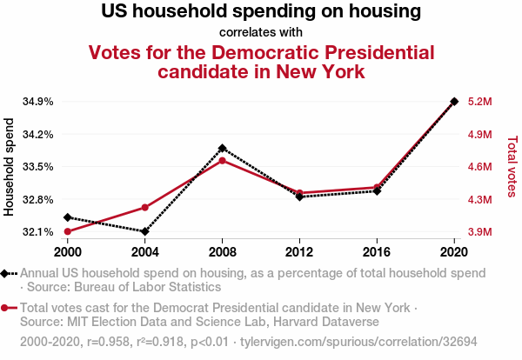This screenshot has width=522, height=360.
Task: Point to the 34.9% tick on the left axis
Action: click(37, 102)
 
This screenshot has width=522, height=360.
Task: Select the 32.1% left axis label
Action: click(37, 232)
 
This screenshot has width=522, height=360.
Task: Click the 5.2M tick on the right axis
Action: click(481, 102)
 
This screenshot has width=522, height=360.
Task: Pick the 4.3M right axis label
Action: click(481, 200)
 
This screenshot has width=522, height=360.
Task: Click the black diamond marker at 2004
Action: click(145, 231)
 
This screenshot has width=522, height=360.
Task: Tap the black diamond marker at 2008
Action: click(223, 149)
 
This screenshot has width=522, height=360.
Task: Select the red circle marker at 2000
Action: click(68, 231)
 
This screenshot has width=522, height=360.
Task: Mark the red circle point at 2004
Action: click(145, 208)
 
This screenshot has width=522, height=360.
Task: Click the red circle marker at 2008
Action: click(223, 161)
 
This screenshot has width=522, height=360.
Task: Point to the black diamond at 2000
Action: click(68, 217)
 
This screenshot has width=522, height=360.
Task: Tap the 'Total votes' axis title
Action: click(512, 165)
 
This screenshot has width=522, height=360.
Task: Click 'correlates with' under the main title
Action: click(261, 33)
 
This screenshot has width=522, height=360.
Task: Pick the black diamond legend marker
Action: click(6, 273)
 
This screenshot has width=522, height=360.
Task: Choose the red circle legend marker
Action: click(6, 308)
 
